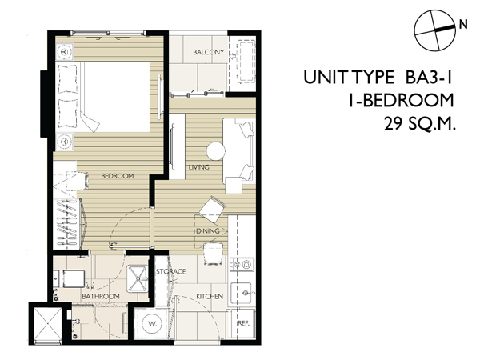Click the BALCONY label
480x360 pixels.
pyautogui.click(x=209, y=52)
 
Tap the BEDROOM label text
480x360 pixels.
pyautogui.click(x=118, y=176)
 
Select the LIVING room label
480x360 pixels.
pyautogui.click(x=198, y=167)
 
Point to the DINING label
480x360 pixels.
pyautogui.click(x=208, y=231)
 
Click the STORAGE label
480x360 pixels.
pyautogui.click(x=171, y=271)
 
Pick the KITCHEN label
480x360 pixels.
pyautogui.click(x=210, y=296)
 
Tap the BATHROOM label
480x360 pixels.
pyautogui.click(x=101, y=296)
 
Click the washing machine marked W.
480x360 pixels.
pyautogui.click(x=152, y=323)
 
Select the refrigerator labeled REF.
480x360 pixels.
pyautogui.click(x=243, y=323)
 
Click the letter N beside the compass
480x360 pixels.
pyautogui.click(x=463, y=24)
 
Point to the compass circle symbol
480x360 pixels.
pyautogui.click(x=435, y=30)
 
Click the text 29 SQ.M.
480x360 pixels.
pyautogui.click(x=420, y=124)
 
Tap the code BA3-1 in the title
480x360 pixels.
pyautogui.click(x=429, y=77)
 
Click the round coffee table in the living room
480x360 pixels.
pyautogui.click(x=216, y=150)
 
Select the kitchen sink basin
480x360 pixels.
pyautogui.click(x=242, y=293)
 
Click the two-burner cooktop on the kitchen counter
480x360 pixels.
pyautogui.click(x=242, y=265)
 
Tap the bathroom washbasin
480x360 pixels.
pyautogui.click(x=137, y=278)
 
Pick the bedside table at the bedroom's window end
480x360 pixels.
pyautogui.click(x=64, y=52)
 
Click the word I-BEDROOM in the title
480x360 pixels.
pyautogui.click(x=401, y=101)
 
